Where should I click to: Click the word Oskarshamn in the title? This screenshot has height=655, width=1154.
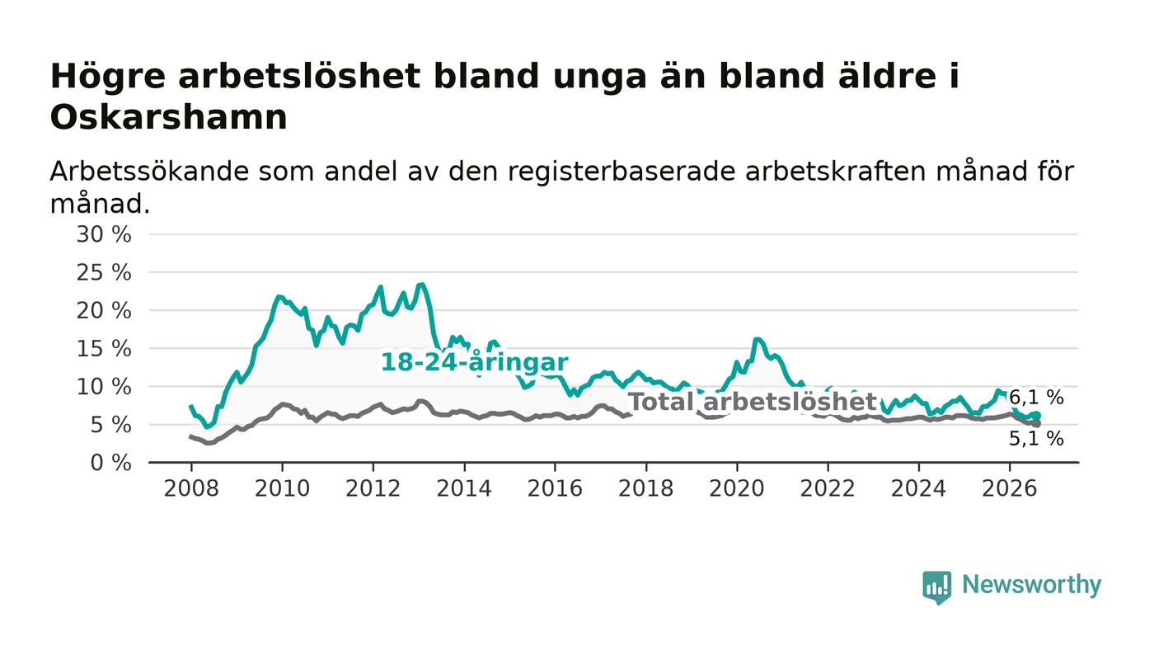[x=168, y=118]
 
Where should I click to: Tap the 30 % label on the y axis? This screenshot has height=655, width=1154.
[x=104, y=234]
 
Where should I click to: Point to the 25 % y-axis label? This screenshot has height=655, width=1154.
[x=104, y=273]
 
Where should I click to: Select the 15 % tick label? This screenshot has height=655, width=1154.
[x=104, y=349]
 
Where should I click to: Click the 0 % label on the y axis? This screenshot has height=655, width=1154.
[x=110, y=463]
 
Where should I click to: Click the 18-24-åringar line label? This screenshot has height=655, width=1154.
[x=475, y=363]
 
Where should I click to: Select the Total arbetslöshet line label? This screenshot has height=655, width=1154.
[x=753, y=402]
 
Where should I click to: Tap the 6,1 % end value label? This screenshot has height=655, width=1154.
[x=1036, y=398]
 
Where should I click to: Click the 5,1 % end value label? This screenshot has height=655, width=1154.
[x=1036, y=439]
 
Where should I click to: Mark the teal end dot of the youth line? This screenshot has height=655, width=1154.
[x=1037, y=416]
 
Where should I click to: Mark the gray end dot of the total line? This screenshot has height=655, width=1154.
[x=1037, y=424]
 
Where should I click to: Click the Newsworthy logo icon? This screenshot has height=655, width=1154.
[x=936, y=587]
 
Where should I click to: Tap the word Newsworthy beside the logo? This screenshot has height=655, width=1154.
[x=1031, y=585]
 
